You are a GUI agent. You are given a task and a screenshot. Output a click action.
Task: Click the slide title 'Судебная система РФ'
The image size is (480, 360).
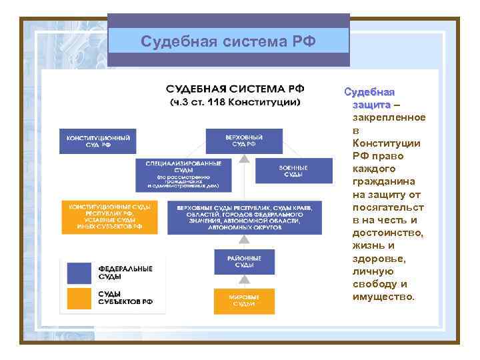[x=228, y=42]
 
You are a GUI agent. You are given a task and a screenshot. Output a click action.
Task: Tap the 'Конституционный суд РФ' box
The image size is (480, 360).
[x=97, y=141]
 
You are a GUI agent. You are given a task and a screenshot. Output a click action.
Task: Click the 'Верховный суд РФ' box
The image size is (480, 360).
[x=244, y=141]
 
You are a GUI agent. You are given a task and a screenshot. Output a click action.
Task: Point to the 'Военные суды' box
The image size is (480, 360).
[x=293, y=171]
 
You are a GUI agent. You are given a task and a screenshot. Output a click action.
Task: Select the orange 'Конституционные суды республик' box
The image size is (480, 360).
[x=109, y=217]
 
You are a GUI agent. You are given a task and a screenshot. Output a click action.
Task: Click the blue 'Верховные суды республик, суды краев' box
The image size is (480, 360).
[x=244, y=217]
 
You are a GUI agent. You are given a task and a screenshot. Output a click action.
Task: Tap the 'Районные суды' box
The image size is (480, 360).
[x=244, y=261]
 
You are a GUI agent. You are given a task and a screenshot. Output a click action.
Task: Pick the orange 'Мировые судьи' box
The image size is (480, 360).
[x=244, y=301]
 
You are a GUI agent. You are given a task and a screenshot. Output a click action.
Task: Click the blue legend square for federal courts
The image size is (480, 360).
[x=79, y=273]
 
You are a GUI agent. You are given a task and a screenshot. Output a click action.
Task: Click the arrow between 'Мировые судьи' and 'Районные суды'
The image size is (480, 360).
[x=244, y=281]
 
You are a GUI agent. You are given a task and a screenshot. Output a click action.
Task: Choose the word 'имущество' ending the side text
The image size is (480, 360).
[x=383, y=296]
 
